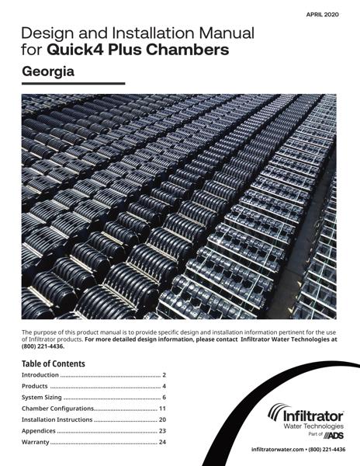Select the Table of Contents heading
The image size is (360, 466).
coord(54,363)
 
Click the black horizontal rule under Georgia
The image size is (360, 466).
coord(74,84)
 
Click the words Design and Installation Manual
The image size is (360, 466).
coord(138,34)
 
